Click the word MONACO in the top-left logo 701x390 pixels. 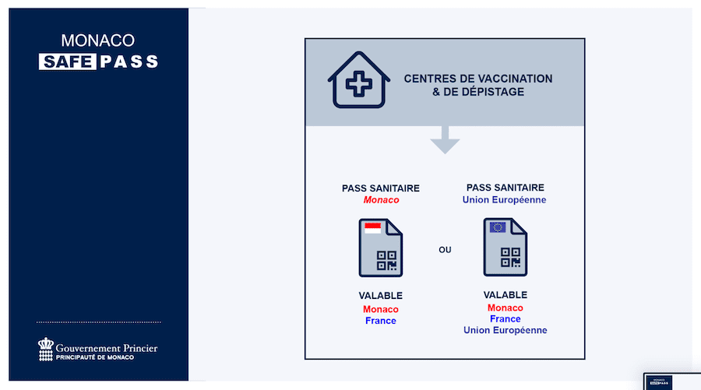(x=98, y=40)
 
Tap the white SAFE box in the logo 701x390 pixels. (x=68, y=61)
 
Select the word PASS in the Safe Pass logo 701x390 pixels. (x=129, y=61)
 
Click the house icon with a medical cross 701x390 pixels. (x=358, y=80)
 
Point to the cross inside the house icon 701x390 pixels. (x=358, y=83)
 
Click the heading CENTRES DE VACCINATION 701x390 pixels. (x=478, y=79)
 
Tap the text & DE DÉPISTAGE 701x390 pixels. (x=478, y=92)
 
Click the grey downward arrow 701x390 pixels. (x=445, y=139)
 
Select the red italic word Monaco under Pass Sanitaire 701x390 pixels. (x=381, y=200)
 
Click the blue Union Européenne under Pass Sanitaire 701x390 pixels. (x=504, y=200)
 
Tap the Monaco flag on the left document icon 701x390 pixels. (x=372, y=228)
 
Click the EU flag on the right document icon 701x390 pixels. (x=497, y=227)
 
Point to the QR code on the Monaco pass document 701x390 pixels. (x=386, y=261)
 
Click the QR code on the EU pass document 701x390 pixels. (x=510, y=258)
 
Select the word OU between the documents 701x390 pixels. (x=445, y=250)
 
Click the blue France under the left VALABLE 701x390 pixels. (x=380, y=321)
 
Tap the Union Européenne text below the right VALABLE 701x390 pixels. (x=505, y=330)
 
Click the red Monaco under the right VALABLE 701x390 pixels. (x=505, y=307)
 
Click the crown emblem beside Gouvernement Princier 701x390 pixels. (x=46, y=349)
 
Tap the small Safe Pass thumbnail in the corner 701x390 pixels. (x=659, y=382)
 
